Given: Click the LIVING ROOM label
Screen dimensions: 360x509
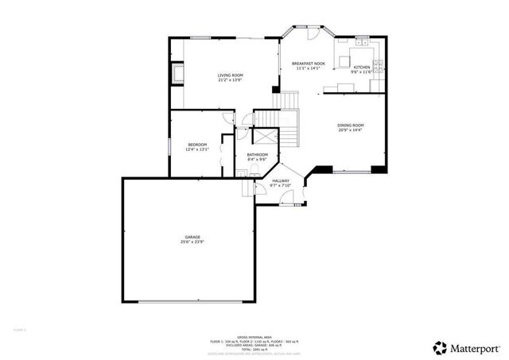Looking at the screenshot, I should point(230,75).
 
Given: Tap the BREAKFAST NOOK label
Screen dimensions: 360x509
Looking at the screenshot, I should point(308,63).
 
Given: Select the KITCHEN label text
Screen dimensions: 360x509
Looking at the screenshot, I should point(362,68).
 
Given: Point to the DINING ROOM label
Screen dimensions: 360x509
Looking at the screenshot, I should point(350,125).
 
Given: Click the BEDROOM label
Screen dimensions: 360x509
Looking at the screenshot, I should point(197,144).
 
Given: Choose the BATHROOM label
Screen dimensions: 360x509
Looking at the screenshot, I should point(257,154).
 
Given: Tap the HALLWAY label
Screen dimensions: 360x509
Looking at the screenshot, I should point(281,180).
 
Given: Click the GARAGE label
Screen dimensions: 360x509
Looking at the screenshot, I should point(192,237).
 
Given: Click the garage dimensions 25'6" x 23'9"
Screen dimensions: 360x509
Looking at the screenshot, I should point(192,242).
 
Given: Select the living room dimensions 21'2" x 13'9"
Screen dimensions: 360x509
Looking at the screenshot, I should point(230,80).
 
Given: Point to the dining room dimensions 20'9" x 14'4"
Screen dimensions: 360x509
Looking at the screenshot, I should point(350,130).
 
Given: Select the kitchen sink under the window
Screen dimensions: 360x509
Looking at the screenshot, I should point(362,41).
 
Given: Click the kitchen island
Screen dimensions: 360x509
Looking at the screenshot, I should point(344,60).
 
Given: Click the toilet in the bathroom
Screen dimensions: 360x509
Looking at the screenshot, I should point(240,171).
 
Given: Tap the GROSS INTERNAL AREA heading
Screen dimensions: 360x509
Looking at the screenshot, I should point(254,336).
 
